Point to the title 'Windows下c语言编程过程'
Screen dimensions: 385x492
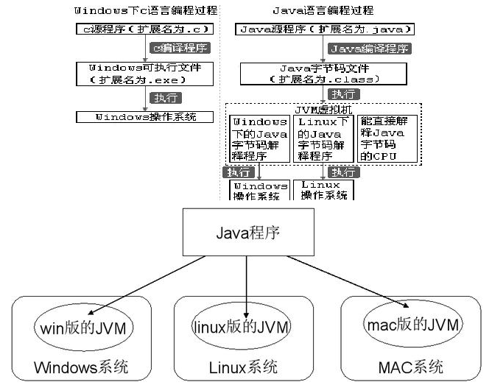[144, 10]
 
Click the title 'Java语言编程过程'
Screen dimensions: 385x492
[323, 10]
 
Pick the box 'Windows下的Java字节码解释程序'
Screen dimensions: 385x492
[259, 138]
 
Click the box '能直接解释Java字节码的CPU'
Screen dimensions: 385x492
[387, 138]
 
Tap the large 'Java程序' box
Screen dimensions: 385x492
[247, 234]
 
